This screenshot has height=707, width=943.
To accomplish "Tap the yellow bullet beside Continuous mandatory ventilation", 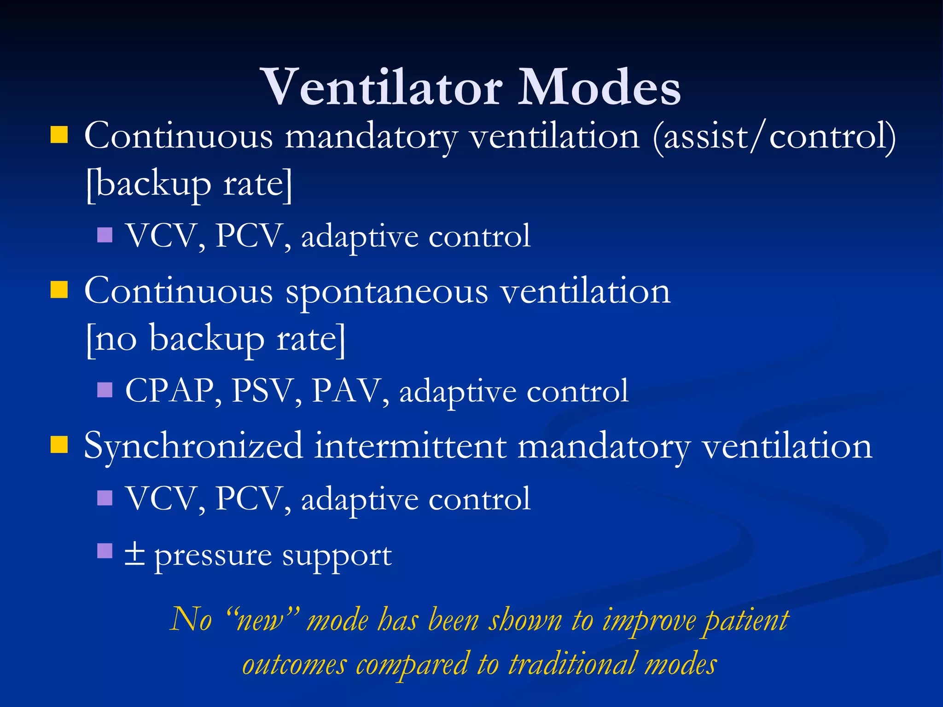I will point(59,135).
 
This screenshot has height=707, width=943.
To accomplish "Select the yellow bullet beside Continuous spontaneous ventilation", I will point(59,290).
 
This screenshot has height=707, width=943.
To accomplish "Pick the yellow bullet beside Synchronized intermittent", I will point(59,445).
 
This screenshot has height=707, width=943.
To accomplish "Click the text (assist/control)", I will point(774,137).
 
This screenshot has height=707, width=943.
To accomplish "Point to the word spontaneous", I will point(387,293).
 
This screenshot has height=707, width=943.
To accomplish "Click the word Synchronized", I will point(193,446).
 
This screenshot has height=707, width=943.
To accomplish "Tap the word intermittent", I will point(410,446).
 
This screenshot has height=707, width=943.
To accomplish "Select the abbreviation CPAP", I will point(169,391).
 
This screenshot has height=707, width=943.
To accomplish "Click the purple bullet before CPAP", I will point(105,390).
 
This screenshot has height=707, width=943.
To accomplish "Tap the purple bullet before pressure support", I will point(105,551).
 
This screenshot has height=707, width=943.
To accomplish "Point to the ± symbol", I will point(135,555).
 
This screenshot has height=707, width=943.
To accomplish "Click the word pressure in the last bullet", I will point(213,557).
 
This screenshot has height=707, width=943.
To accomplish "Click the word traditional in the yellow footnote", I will point(572,665).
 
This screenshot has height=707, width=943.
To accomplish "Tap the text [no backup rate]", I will point(215,339).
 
